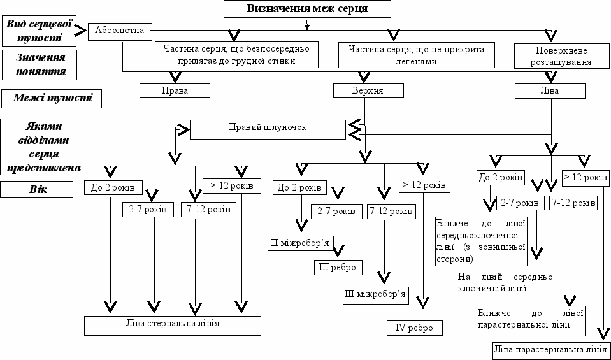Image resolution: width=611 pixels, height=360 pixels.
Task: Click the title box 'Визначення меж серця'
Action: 307,9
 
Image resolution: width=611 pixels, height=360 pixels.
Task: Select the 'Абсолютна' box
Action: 120,31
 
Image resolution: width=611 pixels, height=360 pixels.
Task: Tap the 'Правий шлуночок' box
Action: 268,129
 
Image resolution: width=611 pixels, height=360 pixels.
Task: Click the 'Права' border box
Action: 175,91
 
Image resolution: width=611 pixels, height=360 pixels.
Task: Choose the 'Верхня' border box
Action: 368,91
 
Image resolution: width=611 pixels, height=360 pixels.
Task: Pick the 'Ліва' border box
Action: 550,91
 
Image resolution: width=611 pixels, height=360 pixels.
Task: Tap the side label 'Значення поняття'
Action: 39,65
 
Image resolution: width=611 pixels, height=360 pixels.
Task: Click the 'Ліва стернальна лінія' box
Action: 173,326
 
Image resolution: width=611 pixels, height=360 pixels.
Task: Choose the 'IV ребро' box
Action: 415,328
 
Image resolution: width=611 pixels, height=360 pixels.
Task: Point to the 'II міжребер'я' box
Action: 299,243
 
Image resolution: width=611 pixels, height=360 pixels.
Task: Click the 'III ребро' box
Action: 338,267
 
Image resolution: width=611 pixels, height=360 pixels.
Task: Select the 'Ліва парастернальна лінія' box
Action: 551,349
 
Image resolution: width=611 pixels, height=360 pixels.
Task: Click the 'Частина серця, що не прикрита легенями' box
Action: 417,55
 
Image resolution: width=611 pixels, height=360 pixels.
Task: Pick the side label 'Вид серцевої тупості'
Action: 39,31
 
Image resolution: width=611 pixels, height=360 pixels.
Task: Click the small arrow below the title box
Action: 307,24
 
